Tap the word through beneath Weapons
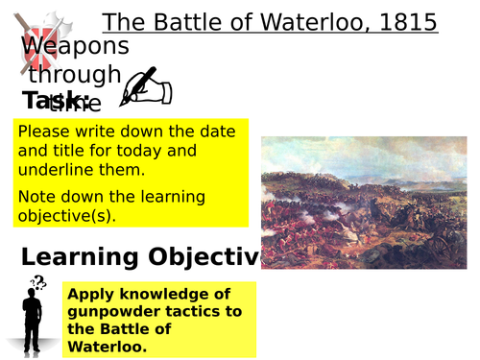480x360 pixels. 75,74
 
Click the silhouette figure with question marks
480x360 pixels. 31,315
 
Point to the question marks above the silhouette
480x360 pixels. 37,280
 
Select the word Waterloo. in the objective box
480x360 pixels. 110,346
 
